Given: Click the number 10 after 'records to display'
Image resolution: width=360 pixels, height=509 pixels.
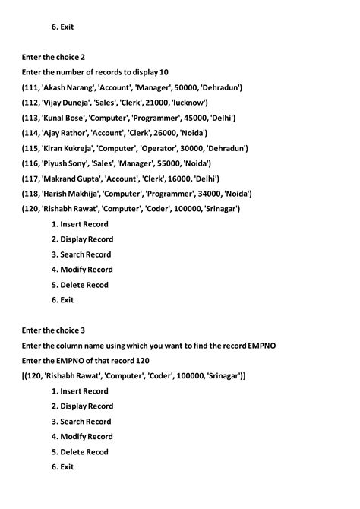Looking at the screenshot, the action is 163,72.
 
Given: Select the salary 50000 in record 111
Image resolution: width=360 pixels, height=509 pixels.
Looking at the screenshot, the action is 185,87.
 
